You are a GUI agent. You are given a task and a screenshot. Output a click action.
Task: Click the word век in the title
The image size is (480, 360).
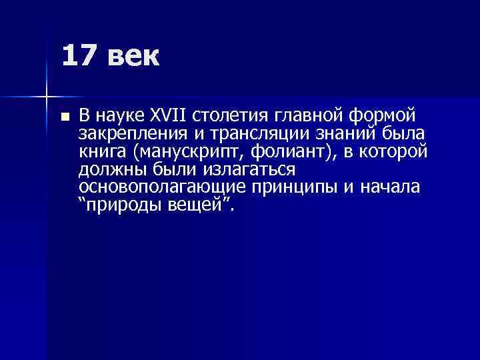click(132, 57)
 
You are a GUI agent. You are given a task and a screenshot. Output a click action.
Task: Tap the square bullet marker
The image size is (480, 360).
click(64, 116)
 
